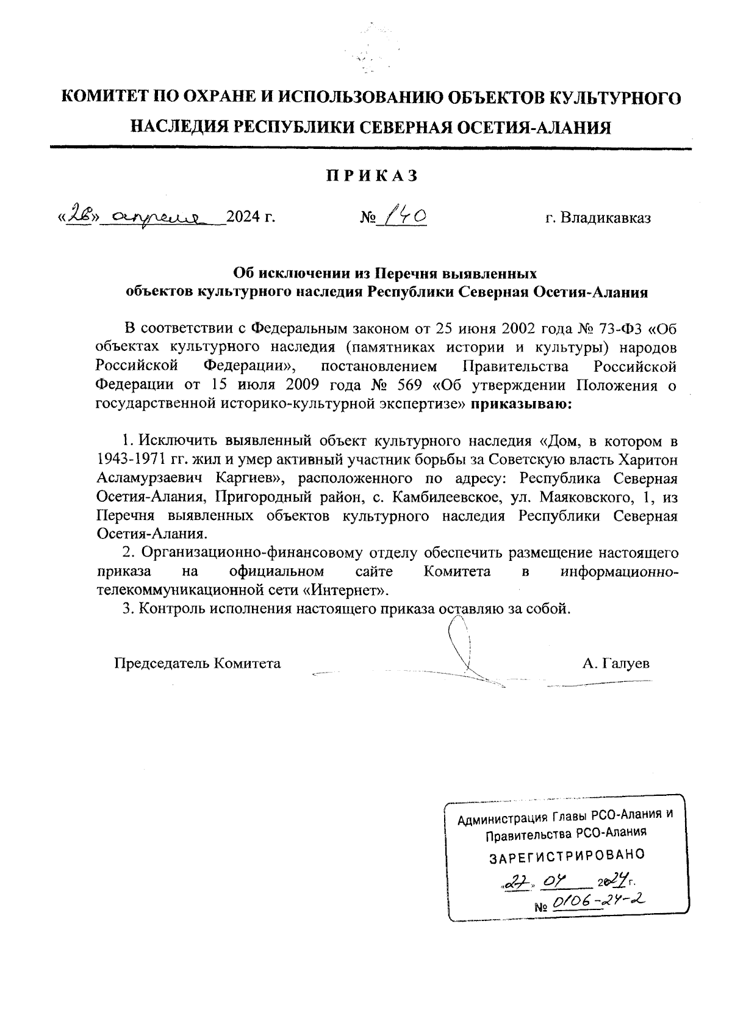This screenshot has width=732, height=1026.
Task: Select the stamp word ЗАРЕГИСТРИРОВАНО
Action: pos(567,856)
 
